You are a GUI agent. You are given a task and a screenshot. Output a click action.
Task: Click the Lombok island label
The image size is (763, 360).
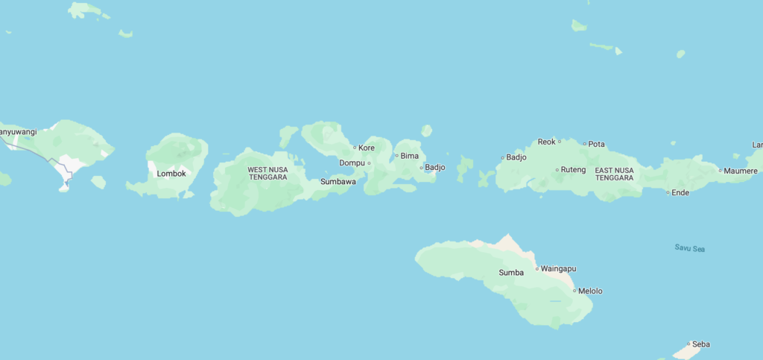pos(171,174)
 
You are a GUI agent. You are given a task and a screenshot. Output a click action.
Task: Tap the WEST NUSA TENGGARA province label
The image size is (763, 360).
pos(268,174)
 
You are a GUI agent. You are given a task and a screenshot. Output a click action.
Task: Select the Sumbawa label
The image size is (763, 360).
pos(338,181)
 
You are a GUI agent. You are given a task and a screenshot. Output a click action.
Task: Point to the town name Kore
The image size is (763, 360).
pos(367,148)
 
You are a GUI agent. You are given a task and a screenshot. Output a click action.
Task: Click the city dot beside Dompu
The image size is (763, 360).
pos(369,162)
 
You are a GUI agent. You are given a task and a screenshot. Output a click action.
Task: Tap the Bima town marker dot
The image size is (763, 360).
pos(396,156)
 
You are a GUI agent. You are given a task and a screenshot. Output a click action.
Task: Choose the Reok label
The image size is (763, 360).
pos(546,142)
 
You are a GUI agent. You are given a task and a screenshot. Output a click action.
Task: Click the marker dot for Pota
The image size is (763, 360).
pos(584,144)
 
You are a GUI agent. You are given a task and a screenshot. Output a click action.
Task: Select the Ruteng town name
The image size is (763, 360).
pos(574,170)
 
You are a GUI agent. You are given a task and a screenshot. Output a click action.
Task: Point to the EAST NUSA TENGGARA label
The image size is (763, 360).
pos(615,174)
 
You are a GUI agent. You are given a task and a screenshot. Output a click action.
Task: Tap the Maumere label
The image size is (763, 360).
pos(741,171)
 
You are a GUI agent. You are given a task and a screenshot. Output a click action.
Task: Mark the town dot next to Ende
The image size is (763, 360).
pos(668,192)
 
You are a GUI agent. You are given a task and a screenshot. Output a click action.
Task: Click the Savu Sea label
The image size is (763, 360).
pos(689,248)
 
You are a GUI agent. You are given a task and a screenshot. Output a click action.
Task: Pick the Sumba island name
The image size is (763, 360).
pos(511,272)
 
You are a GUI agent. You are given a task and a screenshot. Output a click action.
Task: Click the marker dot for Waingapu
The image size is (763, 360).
pos(536,268)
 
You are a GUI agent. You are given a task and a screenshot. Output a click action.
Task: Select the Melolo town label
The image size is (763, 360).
pos(590,291)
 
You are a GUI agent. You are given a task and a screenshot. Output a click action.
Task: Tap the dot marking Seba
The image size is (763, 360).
pos(688,344)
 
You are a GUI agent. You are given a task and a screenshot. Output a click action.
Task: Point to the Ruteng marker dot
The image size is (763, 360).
pos(557,170)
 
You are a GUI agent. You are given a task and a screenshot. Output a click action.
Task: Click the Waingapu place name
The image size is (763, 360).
pos(558,268)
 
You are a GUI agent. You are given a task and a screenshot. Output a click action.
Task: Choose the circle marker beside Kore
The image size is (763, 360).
pos(355,148)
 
